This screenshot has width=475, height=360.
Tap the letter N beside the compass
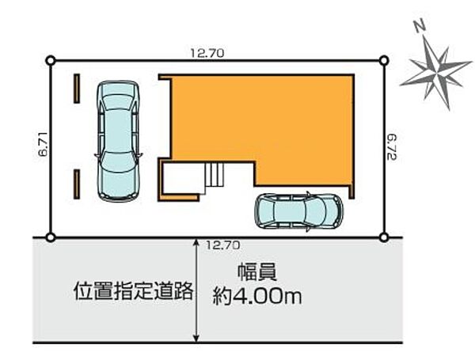pos(420,28)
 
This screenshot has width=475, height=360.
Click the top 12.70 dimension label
pos(208,53)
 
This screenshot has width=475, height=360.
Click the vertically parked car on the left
pos(118,140)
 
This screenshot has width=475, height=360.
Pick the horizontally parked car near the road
pos(298,211)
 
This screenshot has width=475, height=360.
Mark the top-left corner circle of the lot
pos(51,60)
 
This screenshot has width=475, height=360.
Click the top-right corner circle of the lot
pos(384,60)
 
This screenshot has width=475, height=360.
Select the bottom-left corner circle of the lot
pos(51,237)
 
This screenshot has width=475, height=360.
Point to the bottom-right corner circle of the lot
pos(384,237)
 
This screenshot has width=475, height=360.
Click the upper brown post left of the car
pos(77,88)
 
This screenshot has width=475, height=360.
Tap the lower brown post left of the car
pos(77,184)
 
